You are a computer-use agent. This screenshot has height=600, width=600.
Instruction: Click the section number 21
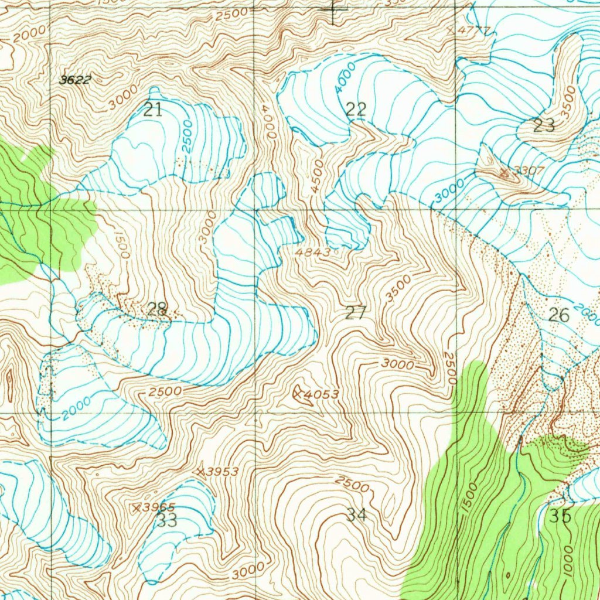[x=153, y=110]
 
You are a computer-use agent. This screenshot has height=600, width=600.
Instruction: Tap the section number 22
[x=356, y=109]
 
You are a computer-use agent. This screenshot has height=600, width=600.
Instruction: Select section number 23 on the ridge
[x=544, y=125]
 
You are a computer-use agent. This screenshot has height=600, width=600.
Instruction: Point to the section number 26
[x=558, y=315]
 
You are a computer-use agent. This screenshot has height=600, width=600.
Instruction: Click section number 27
[x=355, y=313]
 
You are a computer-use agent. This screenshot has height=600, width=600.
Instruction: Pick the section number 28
[x=157, y=309]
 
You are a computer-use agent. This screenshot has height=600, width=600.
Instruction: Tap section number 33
[x=168, y=520]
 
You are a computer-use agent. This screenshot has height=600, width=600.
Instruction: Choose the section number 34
[x=356, y=515]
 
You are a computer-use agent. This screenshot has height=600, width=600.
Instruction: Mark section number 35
[x=560, y=516]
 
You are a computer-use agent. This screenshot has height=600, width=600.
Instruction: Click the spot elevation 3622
[x=76, y=80]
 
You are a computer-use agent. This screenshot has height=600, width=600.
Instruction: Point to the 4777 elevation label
[x=472, y=30]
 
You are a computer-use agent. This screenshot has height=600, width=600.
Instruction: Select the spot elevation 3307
[x=529, y=171]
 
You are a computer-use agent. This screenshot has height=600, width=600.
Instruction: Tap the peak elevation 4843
[x=313, y=251]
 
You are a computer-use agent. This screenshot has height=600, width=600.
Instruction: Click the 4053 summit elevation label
[x=322, y=394]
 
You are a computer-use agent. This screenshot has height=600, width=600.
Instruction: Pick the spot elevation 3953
[x=223, y=472]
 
